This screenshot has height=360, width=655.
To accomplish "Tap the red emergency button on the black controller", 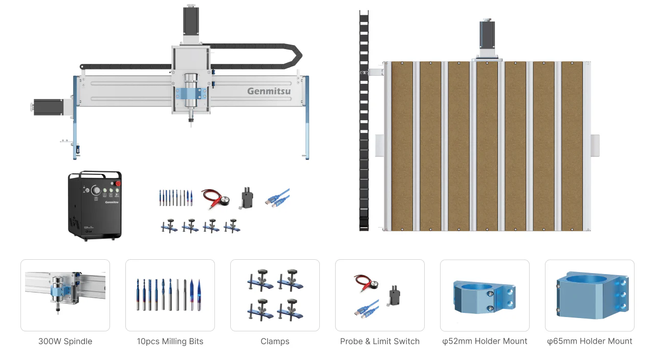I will pos(117,183).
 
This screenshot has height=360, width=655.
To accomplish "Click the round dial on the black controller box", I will pos(96,190).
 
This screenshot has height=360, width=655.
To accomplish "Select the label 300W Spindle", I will pos(65,341).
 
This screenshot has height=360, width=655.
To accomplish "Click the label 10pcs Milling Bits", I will pos(170,341).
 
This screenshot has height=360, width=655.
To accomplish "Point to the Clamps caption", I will pos(275,341).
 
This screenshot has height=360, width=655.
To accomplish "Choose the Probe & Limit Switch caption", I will pos(380,341).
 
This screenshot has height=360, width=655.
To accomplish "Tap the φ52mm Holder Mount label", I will pos(485,341).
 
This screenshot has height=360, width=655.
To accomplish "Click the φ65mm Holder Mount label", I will pos(589,341).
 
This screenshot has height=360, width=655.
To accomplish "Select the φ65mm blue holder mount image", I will pos(589,295).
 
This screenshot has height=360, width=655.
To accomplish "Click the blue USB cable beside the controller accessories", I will pos(277,198).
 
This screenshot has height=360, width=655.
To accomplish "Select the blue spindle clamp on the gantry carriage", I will pos(191,95).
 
